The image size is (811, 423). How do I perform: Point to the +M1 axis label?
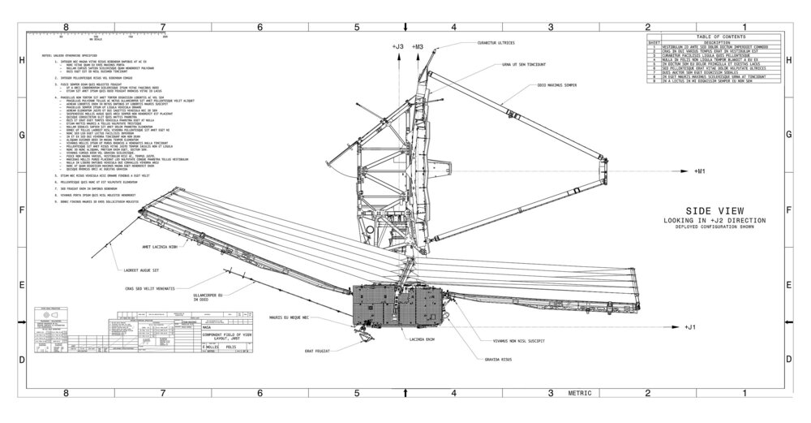click(702, 172)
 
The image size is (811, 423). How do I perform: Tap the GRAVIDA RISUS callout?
click(497, 358)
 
